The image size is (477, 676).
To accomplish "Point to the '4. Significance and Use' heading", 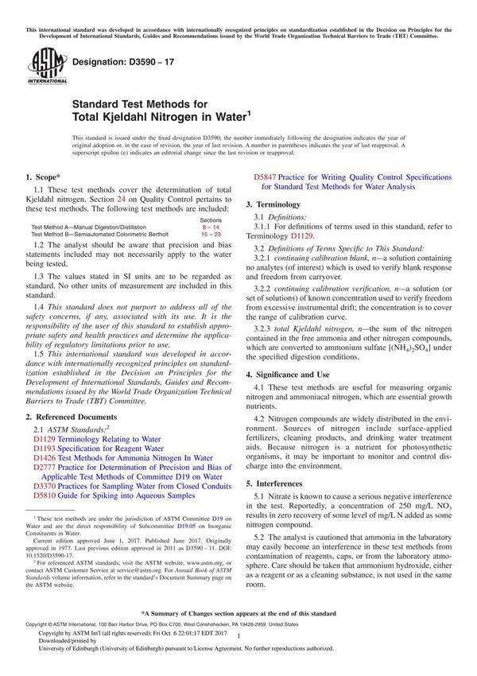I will tap(297, 374).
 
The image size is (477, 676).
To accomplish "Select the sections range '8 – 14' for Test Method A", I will tap(211, 227).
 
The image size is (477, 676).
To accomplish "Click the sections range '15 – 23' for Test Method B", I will tap(211, 235).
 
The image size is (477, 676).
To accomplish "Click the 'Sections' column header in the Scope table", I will tap(211, 220).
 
